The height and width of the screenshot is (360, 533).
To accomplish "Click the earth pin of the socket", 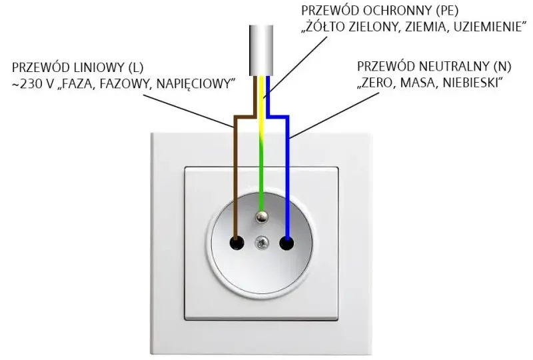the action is point(261,217).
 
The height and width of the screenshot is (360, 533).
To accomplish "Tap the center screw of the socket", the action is point(261,243).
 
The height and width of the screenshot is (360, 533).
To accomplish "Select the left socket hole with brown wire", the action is point(237,243).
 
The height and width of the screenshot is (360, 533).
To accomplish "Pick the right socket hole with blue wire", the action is point(286,243).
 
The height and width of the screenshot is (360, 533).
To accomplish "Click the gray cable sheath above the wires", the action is point(261,51).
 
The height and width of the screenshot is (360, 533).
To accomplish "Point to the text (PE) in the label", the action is point(447,11).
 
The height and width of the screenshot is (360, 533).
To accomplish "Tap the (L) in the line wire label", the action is point(137,67).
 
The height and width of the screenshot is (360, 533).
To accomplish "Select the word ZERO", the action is point(376,83).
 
